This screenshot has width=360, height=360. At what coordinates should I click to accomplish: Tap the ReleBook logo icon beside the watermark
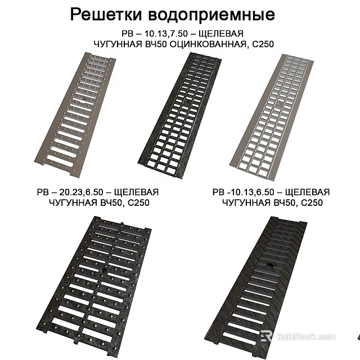point(266,335)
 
